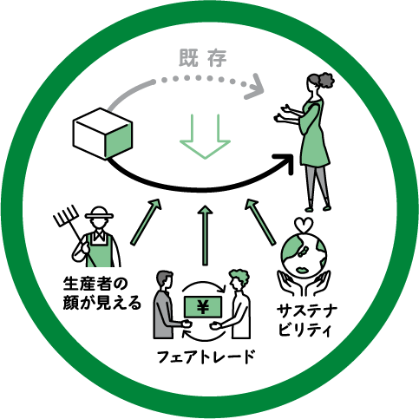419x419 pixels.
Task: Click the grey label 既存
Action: click(203, 58)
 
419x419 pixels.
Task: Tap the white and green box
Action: click(102, 134)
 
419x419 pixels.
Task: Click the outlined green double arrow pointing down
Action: click(205, 136)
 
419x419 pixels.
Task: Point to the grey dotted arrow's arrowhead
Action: click(255, 87)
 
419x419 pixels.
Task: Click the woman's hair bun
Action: click(326, 79)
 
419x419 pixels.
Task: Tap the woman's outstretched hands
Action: click(282, 113)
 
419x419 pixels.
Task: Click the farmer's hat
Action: click(99, 213)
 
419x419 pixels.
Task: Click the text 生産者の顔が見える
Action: click(101, 293)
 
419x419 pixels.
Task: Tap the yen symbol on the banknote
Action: click(203, 307)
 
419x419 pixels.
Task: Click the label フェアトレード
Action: click(206, 357)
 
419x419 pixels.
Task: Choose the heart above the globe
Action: click(304, 225)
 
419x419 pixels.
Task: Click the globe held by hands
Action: click(304, 254)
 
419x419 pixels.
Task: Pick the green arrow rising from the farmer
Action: click(145, 222)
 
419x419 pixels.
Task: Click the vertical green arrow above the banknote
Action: click(205, 235)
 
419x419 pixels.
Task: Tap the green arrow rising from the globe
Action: click(260, 222)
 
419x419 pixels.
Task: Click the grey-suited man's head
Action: click(165, 280)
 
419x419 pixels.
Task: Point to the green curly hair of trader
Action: click(239, 276)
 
